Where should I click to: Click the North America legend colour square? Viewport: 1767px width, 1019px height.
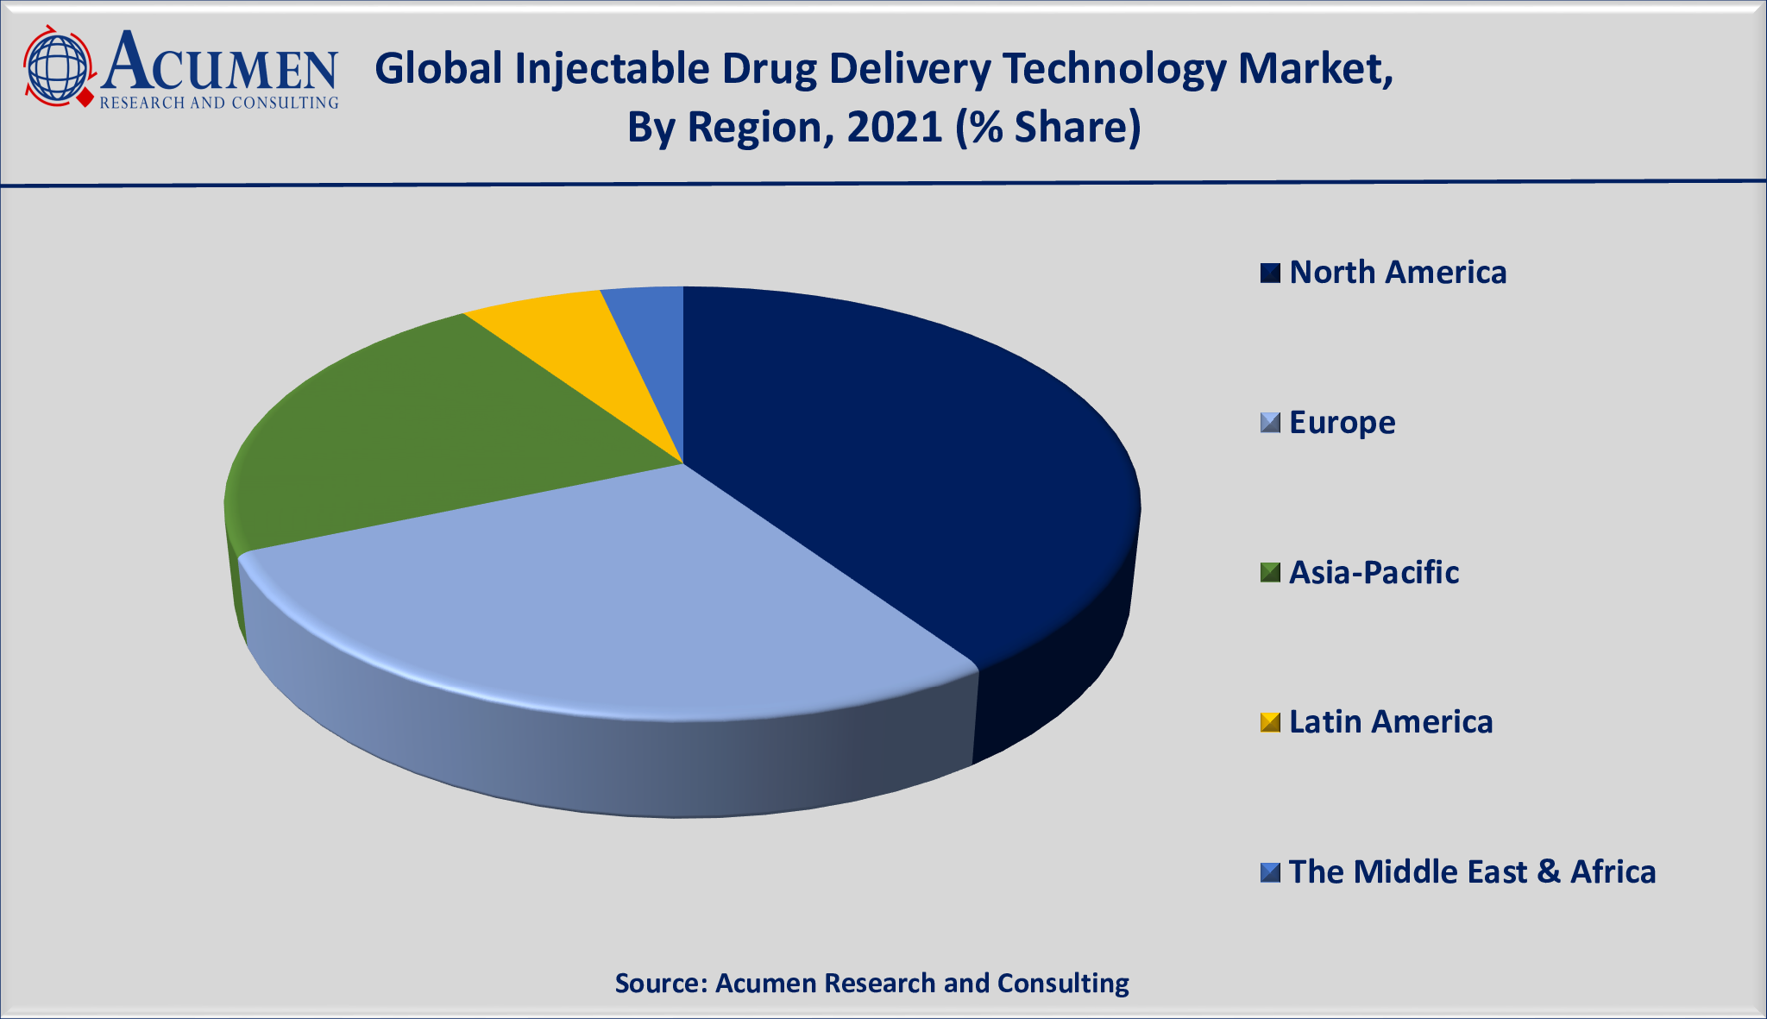click(1270, 274)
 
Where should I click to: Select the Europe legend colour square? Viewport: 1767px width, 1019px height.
click(1270, 423)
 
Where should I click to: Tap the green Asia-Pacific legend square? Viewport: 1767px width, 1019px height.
click(1270, 573)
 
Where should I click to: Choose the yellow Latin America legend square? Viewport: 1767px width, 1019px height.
click(1270, 722)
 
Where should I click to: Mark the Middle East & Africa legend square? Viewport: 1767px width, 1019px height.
click(1270, 872)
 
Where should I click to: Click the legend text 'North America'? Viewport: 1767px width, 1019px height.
click(1398, 273)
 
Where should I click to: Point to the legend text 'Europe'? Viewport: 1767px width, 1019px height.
click(1342, 423)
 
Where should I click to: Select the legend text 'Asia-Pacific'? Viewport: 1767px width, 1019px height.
click(1374, 573)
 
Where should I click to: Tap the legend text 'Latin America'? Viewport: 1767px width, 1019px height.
click(1391, 722)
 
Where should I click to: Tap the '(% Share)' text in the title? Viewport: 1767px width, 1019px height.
click(1048, 128)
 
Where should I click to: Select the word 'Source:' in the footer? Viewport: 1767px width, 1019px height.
click(661, 984)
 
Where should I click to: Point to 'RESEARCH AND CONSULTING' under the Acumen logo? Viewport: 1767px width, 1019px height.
click(219, 104)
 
